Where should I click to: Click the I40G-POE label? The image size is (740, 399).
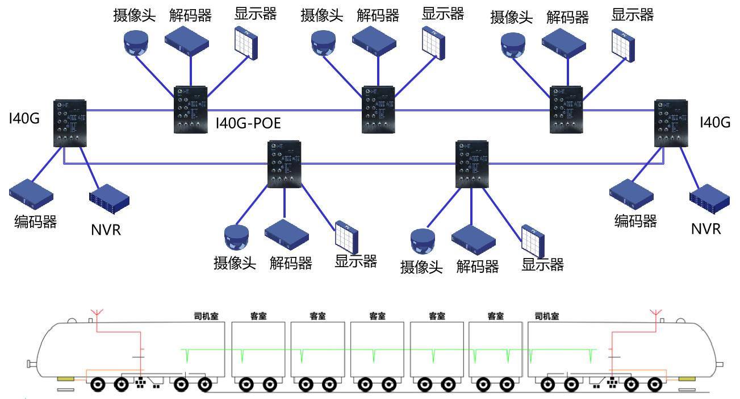pyautogui.click(x=248, y=123)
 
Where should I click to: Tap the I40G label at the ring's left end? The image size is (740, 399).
pyautogui.click(x=24, y=118)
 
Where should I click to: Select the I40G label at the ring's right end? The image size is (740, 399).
pyautogui.click(x=715, y=122)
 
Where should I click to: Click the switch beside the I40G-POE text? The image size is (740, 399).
pyautogui.click(x=191, y=110)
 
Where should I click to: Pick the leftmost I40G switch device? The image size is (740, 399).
pyautogui.click(x=70, y=123)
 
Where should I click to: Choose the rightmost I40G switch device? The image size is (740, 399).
pyautogui.click(x=671, y=123)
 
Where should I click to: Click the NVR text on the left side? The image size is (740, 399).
pyautogui.click(x=106, y=230)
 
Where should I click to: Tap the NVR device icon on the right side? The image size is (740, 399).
pyautogui.click(x=709, y=199)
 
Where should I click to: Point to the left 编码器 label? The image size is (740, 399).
pyautogui.click(x=35, y=222)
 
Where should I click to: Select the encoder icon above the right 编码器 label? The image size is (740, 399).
pyautogui.click(x=632, y=194)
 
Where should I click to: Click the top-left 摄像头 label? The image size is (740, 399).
pyautogui.click(x=134, y=15)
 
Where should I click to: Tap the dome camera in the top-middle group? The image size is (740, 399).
pyautogui.click(x=323, y=43)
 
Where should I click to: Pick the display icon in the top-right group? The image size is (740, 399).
pyautogui.click(x=623, y=45)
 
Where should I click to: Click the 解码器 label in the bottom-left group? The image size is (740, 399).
pyautogui.click(x=291, y=264)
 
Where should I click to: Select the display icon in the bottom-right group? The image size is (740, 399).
pyautogui.click(x=533, y=242)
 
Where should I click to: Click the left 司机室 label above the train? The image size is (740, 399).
pyautogui.click(x=206, y=317)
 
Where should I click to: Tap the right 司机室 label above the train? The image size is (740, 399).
pyautogui.click(x=547, y=317)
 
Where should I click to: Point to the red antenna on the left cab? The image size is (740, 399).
pyautogui.click(x=97, y=313)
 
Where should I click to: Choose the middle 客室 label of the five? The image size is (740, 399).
pyautogui.click(x=377, y=317)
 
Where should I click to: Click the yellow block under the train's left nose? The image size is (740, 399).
pyautogui.click(x=66, y=379)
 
